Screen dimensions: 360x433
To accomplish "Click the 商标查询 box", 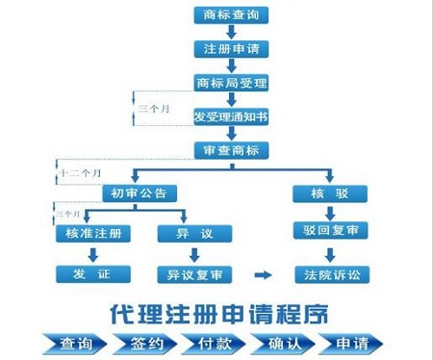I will point(230,15).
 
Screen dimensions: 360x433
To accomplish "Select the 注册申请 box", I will point(230,48).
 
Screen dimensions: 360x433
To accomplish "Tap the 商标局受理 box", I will point(230,82).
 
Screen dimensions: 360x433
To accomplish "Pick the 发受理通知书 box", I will point(230,116).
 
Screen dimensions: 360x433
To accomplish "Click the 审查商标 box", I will point(230,151).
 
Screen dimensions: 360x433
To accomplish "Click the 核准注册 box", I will point(92,233).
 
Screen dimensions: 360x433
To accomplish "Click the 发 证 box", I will point(92,275).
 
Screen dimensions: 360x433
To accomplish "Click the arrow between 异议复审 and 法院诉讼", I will point(261,275).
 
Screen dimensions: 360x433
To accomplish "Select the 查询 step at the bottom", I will point(75,344).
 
